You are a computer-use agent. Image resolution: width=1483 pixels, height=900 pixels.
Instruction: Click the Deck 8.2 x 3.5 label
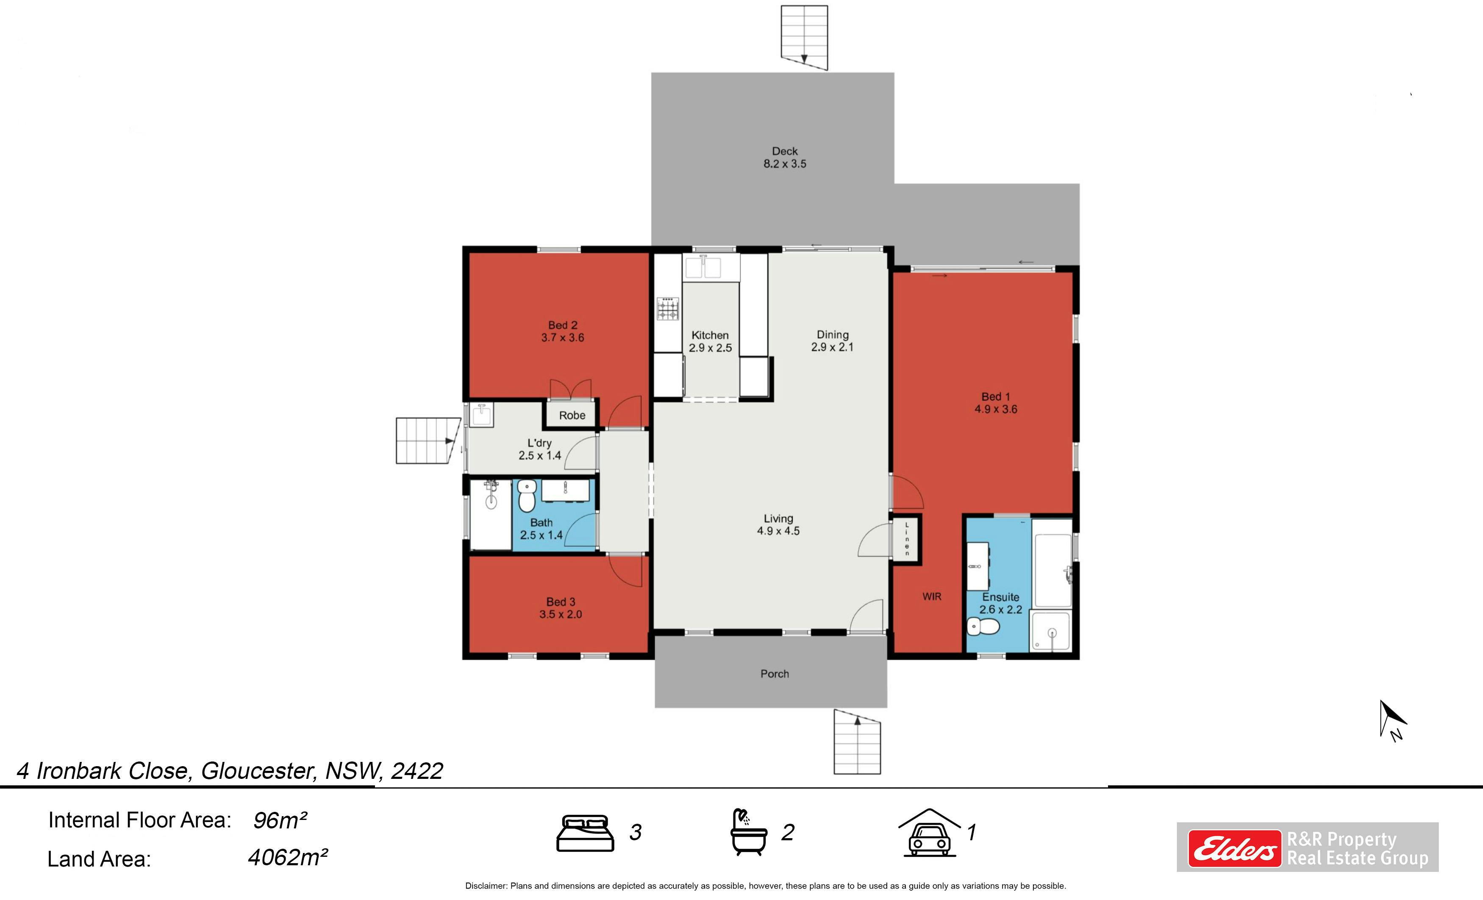point(785,158)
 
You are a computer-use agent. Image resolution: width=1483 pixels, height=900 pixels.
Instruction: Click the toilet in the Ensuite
point(983,627)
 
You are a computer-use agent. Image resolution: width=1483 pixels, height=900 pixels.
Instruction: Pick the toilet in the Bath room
point(527,495)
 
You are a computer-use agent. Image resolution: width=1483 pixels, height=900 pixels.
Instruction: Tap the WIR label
point(932,596)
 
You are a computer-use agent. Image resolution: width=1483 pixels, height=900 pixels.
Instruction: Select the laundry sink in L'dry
point(481,415)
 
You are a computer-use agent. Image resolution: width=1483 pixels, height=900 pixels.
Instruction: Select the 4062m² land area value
point(288,857)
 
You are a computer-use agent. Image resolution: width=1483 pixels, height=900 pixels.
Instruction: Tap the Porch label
point(775,674)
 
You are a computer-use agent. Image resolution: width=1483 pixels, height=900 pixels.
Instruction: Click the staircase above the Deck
point(804,37)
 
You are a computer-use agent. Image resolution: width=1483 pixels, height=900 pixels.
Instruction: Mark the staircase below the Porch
point(857,742)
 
